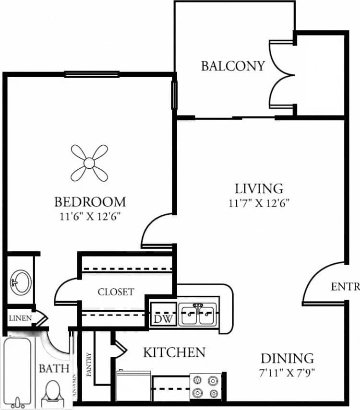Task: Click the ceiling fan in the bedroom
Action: (x=89, y=163)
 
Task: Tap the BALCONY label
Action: (x=233, y=66)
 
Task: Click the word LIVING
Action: (x=259, y=187)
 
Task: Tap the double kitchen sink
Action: (x=198, y=315)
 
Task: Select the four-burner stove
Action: (x=205, y=387)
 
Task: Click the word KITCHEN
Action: (x=174, y=352)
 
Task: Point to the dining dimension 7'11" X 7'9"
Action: (x=287, y=371)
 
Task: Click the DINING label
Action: (x=287, y=358)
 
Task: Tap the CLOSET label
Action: (x=116, y=292)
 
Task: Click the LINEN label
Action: (x=20, y=318)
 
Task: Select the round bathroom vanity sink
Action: (x=20, y=280)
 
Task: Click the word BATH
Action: (x=54, y=368)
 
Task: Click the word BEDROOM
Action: (x=90, y=201)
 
